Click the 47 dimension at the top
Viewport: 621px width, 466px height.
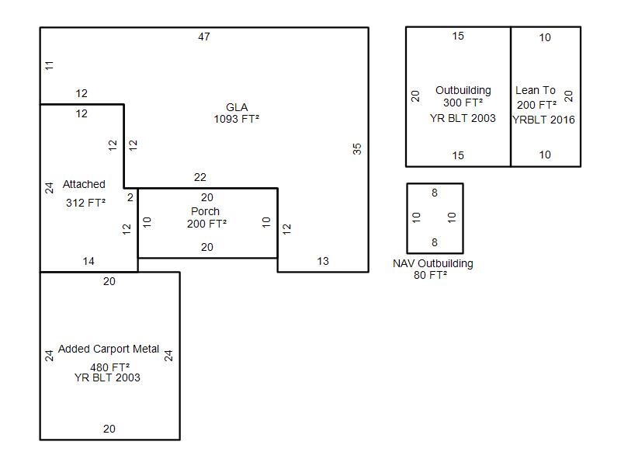204,37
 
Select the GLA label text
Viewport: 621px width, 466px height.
237,107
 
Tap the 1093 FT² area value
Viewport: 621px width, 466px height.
237,119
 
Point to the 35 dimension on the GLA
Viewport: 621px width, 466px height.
357,149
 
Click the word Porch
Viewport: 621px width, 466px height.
205,211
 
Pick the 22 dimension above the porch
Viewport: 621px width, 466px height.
200,177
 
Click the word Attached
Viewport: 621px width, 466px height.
84,184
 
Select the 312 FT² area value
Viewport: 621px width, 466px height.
85,203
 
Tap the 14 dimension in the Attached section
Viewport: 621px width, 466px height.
88,261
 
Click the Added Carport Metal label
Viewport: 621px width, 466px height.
109,349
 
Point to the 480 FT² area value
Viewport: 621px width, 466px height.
109,367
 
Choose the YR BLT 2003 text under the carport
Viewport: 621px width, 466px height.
107,377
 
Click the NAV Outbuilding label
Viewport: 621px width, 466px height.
433,263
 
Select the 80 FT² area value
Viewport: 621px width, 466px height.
431,275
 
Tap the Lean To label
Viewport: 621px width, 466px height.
536,90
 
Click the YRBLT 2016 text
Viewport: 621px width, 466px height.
543,120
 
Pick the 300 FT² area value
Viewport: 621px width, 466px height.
463,103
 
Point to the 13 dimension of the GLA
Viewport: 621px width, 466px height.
323,261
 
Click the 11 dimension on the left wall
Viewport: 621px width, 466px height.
49,65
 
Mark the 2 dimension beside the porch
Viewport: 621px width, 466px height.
130,197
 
